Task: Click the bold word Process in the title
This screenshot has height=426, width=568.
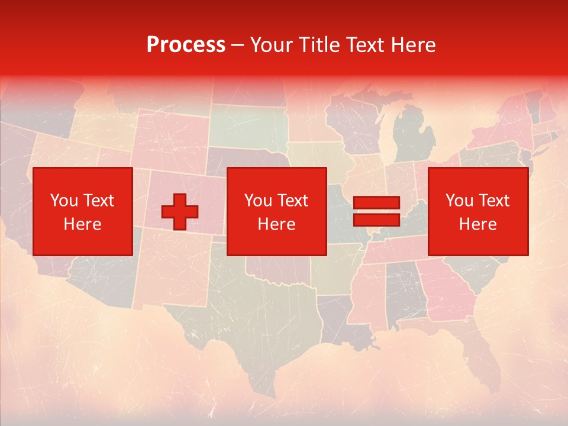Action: tap(186, 45)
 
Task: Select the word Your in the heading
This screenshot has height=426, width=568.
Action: tap(270, 45)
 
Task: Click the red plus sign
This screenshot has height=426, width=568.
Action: tap(180, 212)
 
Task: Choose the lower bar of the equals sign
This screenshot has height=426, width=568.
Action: tap(376, 220)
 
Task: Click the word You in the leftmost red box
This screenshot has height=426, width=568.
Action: tap(63, 201)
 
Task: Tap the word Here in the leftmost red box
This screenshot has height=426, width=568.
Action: tap(82, 224)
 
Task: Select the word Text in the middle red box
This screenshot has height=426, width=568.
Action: tap(293, 201)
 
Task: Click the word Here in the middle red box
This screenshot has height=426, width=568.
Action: tap(276, 224)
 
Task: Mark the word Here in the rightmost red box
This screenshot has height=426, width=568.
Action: tap(477, 224)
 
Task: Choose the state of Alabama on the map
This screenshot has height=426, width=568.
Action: tap(406, 290)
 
